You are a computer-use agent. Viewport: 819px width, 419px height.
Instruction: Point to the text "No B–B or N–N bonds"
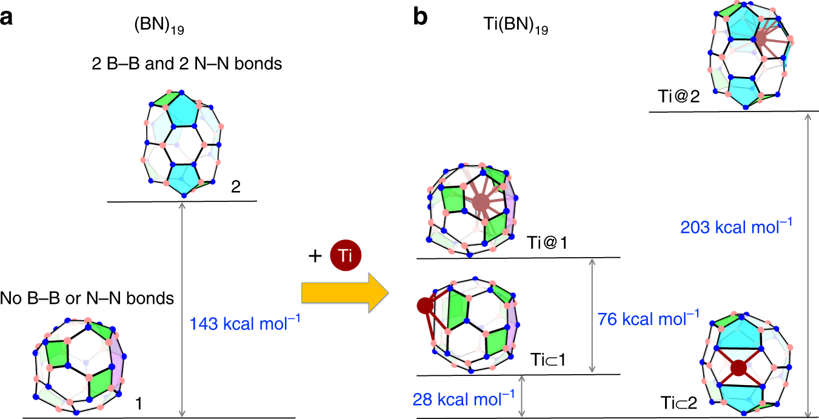(87, 298)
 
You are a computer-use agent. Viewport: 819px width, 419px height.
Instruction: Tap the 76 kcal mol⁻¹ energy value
(648, 318)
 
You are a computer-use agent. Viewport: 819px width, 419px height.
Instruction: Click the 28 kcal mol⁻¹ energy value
(464, 398)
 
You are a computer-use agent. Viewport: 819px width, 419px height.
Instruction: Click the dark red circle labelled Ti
(345, 256)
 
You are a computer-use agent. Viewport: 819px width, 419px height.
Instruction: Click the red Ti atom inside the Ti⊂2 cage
(738, 368)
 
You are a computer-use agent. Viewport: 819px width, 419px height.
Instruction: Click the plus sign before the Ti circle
(313, 256)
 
